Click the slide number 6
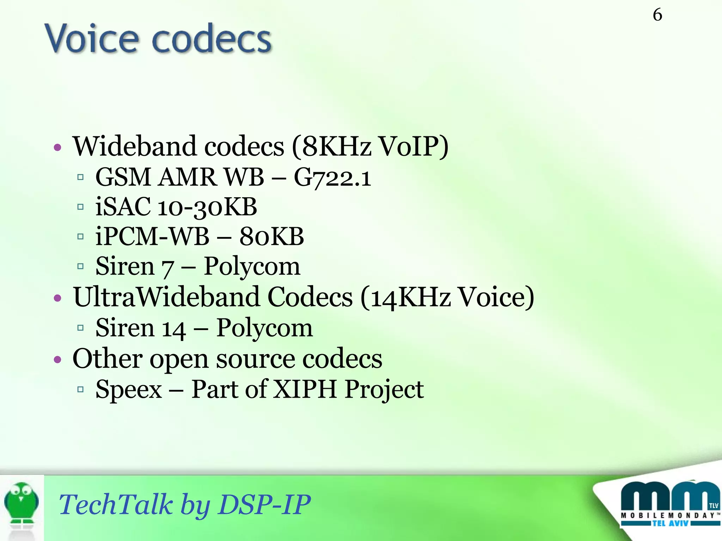tap(657, 15)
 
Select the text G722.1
tap(332, 177)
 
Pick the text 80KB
tap(271, 236)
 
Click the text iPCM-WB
tap(152, 236)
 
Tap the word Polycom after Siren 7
tap(252, 267)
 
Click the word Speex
tap(129, 390)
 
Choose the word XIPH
tap(305, 390)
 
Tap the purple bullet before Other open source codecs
tap(57, 360)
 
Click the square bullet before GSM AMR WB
tap(80, 177)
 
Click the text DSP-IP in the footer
tap(264, 504)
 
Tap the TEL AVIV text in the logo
tap(670, 523)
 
